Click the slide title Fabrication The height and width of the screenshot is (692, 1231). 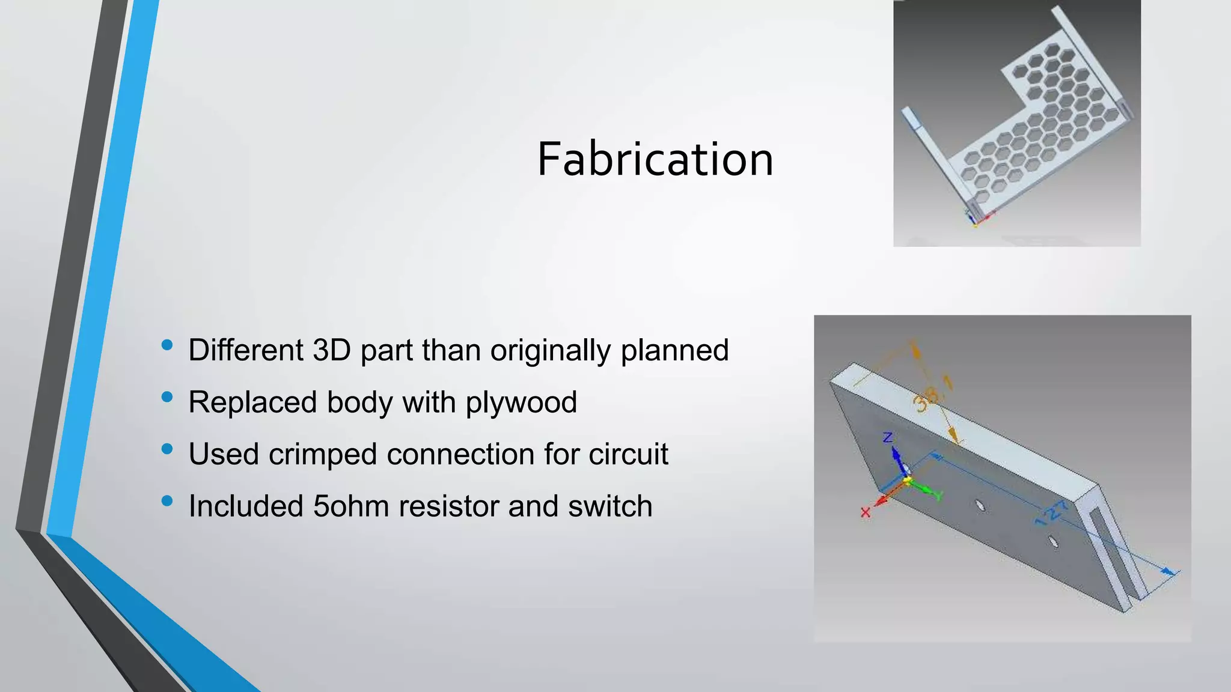click(655, 159)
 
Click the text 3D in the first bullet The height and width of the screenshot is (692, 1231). click(332, 350)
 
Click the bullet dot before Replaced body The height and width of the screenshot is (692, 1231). click(167, 397)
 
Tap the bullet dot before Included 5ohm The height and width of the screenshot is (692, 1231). click(167, 500)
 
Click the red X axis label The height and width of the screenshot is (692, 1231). click(865, 512)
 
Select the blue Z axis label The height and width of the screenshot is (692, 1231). click(887, 438)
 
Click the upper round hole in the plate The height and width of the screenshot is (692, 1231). click(980, 506)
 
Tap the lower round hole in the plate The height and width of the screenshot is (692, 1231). click(1053, 541)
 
